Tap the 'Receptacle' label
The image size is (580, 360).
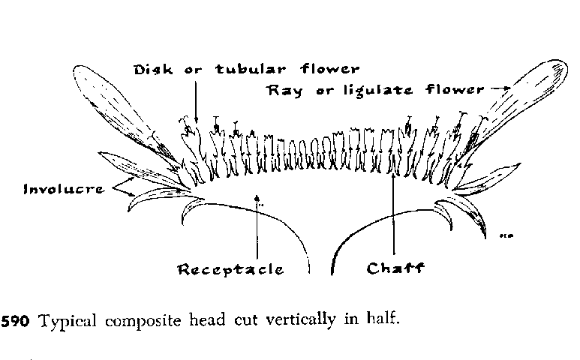[230, 269]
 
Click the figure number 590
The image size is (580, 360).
[16, 321]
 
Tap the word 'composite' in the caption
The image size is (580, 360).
[141, 321]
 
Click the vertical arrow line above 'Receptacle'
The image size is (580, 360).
[257, 232]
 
